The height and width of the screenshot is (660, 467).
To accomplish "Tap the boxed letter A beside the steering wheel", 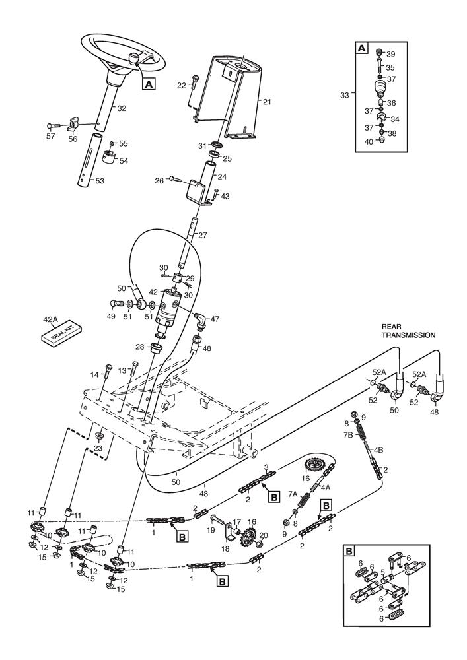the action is (149, 84).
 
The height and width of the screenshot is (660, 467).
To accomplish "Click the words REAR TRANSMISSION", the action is (408, 331).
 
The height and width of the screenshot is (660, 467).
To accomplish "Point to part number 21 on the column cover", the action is (268, 102).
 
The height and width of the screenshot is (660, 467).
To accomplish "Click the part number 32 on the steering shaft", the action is (122, 108).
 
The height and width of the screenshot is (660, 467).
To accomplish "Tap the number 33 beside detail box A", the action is (344, 95).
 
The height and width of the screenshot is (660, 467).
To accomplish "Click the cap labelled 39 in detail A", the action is (378, 53).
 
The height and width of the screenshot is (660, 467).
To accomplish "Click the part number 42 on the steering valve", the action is (153, 291).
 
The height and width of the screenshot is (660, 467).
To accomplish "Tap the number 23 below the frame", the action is (98, 448).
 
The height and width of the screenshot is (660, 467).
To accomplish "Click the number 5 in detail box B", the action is (382, 572).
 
